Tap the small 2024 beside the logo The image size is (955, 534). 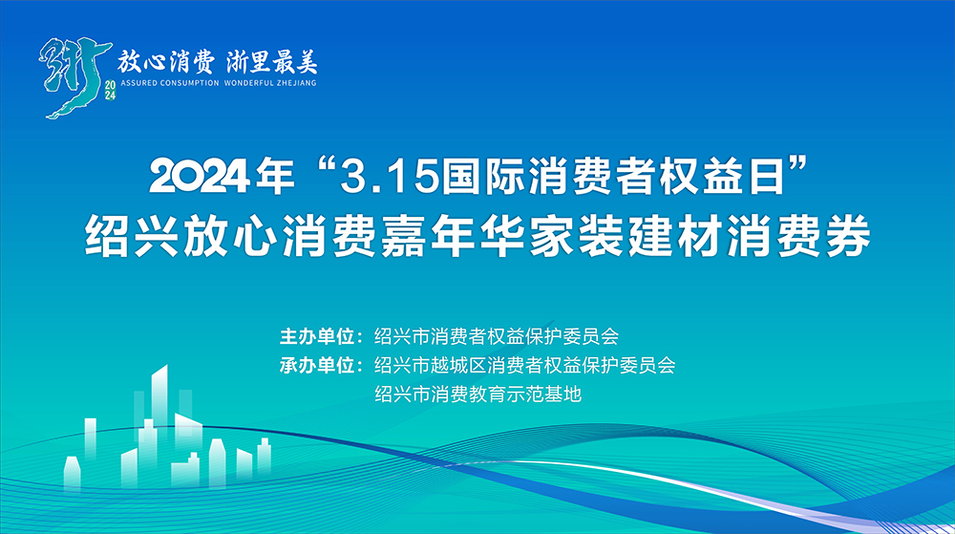point(110,90)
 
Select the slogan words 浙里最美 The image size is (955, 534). point(272,62)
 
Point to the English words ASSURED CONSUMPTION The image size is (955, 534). point(170,83)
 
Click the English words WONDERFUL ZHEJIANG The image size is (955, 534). point(270,83)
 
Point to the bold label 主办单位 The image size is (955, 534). point(317,336)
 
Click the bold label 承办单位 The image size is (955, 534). point(317,365)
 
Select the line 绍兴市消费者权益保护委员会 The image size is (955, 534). point(497,336)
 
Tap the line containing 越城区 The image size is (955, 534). point(525,365)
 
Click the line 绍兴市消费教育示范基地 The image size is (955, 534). point(478,395)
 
